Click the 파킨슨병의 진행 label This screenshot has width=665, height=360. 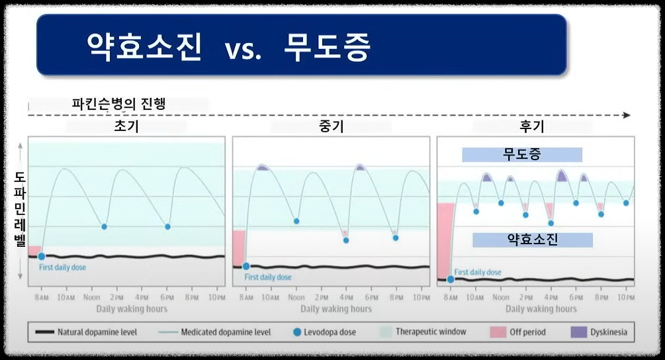(x=118, y=104)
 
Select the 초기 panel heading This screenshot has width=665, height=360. (x=126, y=126)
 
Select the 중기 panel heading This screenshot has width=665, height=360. (x=331, y=126)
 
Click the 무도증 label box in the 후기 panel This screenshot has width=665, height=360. (x=522, y=155)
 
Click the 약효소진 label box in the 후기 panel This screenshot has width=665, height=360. (x=532, y=240)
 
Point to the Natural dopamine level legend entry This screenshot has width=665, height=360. (x=86, y=332)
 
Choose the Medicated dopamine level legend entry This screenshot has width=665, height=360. (x=218, y=332)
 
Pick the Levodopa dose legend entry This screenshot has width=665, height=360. (x=324, y=332)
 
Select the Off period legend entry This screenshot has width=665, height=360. (x=519, y=332)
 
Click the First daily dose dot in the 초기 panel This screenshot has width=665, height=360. (x=41, y=256)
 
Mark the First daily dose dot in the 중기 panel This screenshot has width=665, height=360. (x=246, y=266)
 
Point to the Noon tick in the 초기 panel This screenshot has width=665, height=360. (x=92, y=298)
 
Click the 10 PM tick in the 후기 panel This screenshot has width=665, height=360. (x=625, y=298)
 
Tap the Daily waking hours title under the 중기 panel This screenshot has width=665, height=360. (x=336, y=309)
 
